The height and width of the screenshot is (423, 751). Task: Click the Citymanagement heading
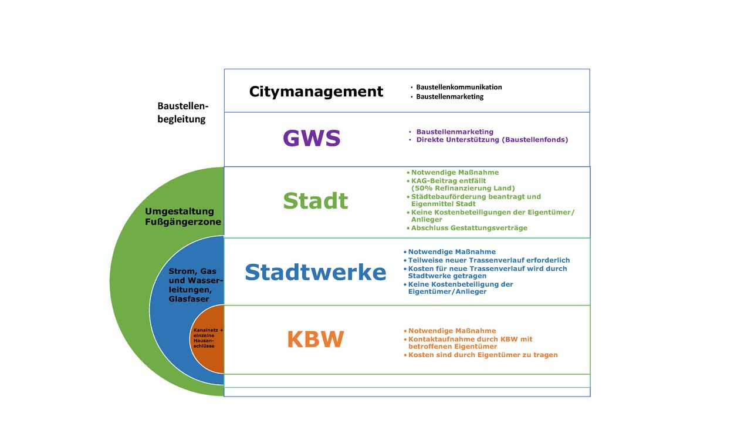(316, 92)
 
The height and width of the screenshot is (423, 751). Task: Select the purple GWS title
(312, 139)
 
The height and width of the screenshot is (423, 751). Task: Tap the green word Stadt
(315, 201)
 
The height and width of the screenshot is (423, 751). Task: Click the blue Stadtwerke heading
(315, 273)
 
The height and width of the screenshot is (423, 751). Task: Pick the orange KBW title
(315, 340)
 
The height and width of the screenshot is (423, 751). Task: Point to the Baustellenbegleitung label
(182, 112)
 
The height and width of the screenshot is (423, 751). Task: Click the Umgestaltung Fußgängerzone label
(183, 216)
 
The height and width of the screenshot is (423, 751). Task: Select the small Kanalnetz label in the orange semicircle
(208, 338)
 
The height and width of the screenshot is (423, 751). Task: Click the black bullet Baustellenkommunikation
(459, 87)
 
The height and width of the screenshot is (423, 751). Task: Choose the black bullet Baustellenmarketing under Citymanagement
(449, 96)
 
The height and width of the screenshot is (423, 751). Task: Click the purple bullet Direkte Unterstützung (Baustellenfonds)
(492, 140)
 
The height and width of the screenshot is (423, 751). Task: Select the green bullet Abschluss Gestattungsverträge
(469, 228)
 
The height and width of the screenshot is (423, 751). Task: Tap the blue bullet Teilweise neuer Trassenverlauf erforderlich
(489, 260)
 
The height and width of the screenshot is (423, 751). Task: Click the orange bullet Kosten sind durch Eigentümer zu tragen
(483, 355)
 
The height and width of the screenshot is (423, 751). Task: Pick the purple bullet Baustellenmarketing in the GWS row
(455, 132)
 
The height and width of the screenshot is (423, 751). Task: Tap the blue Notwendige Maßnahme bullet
(452, 252)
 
